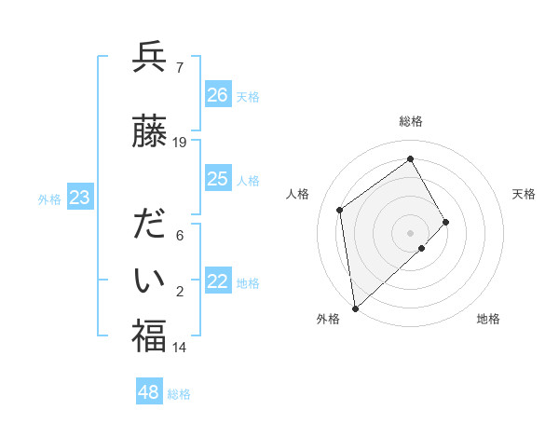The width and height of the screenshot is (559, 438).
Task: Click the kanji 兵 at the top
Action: [149, 58]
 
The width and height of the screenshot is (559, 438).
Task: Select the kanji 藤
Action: [149, 133]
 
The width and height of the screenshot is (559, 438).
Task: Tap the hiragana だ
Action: [149, 226]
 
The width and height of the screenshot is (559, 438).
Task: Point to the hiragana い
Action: [149, 280]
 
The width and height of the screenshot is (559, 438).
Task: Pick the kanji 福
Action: [149, 336]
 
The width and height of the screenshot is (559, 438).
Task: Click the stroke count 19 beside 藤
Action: [180, 143]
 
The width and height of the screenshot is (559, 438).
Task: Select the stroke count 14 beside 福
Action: [180, 348]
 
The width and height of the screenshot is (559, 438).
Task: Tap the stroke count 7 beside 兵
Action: [179, 67]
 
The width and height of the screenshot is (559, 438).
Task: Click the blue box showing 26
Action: [218, 95]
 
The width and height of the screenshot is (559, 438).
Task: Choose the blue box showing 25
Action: [218, 179]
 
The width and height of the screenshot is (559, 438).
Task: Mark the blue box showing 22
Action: [218, 282]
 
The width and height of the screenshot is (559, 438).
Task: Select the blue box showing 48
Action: [149, 392]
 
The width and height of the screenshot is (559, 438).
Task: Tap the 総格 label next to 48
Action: [180, 394]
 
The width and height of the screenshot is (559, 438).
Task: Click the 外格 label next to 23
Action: [49, 198]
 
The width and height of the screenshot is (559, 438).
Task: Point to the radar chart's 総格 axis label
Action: [411, 121]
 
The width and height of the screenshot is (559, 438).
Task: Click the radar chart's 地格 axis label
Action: [488, 319]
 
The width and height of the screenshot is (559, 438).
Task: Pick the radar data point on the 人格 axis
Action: [340, 210]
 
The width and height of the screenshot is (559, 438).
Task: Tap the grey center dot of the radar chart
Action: [410, 231]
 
